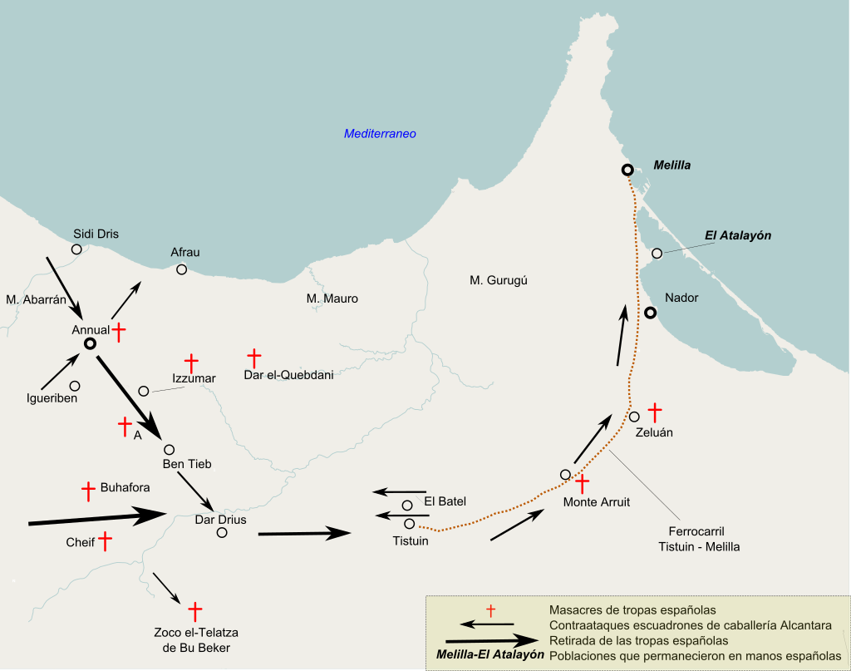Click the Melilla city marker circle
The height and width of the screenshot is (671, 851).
pos(627,170)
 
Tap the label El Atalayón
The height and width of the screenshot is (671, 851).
pos(737,235)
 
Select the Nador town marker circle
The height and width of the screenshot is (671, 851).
pos(651,313)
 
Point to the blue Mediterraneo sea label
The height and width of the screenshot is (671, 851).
pos(380,133)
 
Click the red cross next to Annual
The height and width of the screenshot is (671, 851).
pos(120,332)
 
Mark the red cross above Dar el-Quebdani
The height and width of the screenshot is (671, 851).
pos(254,358)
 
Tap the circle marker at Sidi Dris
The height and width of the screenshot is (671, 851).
pos(76,249)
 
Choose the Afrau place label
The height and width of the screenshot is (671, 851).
pos(184,252)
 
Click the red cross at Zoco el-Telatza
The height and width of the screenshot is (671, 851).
pos(195,612)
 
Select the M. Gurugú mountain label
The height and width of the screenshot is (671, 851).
pos(499,280)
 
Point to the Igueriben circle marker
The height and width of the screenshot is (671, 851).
pos(75,386)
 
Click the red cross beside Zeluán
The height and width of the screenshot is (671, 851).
pos(655,411)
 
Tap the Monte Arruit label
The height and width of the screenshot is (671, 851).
pos(596,501)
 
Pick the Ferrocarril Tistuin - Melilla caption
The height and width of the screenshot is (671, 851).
pos(698,539)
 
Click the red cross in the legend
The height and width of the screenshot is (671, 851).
pos(490,611)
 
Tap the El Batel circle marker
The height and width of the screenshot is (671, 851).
pos(407,506)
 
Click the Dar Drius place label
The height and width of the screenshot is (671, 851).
pos(220,520)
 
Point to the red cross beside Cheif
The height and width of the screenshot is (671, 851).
pos(106,541)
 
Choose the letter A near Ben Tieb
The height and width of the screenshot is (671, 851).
pos(137,433)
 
